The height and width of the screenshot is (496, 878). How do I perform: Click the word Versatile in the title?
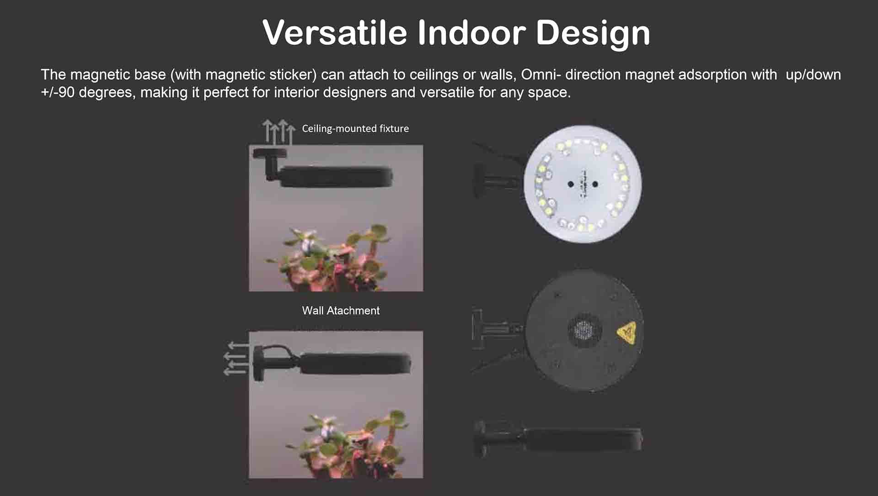tap(334, 32)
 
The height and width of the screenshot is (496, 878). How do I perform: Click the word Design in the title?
tap(593, 33)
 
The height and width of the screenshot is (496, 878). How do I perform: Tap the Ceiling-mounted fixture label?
tap(355, 129)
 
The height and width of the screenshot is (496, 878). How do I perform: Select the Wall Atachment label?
tap(341, 311)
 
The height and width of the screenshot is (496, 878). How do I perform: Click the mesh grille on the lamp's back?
tap(584, 329)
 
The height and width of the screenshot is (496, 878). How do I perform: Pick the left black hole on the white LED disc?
tap(570, 184)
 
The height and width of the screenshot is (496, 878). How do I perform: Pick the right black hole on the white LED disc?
tap(595, 184)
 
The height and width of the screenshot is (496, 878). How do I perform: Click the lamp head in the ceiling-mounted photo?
tap(336, 177)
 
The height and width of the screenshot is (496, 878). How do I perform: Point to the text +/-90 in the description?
tap(58, 93)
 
